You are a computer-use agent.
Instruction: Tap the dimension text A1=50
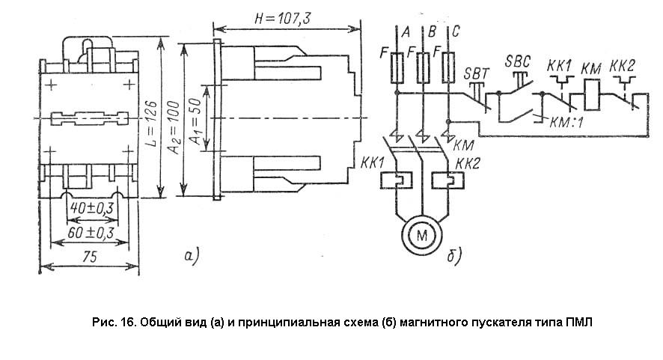coord(194,119)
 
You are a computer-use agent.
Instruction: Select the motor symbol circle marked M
coord(424,235)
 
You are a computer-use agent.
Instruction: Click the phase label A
coord(405,32)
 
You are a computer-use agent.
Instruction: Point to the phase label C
coord(456,31)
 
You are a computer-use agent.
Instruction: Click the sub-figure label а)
coord(190,257)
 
